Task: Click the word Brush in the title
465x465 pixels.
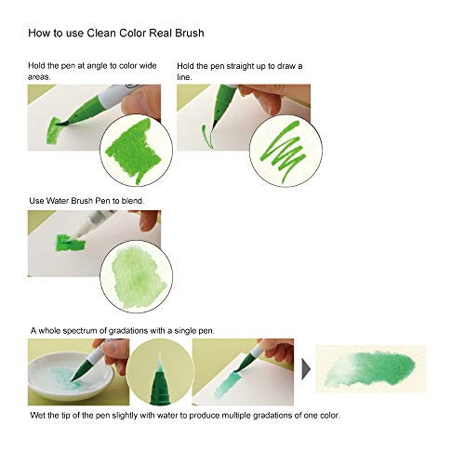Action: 190,33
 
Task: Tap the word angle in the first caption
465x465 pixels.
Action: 97,66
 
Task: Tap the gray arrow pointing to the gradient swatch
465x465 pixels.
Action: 306,369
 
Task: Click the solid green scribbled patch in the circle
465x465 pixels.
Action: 134,151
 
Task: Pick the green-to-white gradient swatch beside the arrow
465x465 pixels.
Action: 371,369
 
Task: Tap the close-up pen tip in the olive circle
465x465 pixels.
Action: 159,379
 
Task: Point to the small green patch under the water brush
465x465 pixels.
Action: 71,243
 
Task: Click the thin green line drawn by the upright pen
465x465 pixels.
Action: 207,136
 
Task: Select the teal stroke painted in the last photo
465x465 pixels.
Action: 228,384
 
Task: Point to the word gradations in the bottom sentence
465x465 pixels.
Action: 272,416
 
